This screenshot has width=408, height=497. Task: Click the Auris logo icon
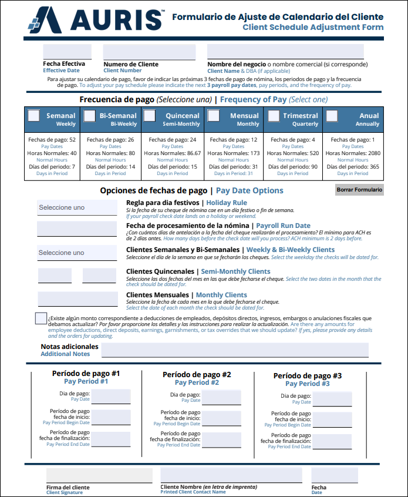coord(46,20)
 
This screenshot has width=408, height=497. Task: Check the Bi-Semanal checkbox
coord(89,116)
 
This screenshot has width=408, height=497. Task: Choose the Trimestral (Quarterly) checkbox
coord(273,116)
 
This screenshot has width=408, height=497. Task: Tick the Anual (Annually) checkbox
coord(332,116)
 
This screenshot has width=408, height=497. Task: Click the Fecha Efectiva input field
coord(67,52)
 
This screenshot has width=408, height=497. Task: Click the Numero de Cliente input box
coord(149,52)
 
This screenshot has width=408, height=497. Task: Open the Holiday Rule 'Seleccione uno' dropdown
coord(77,207)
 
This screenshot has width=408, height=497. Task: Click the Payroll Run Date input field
coord(77,229)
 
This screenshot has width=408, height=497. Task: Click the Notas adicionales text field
coord(235,350)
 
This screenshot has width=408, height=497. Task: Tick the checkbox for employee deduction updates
coord(41,318)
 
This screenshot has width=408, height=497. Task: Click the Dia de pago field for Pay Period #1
coord(110,397)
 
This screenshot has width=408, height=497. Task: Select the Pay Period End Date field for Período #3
coord(332,441)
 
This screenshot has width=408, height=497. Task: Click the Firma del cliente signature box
coord(99,475)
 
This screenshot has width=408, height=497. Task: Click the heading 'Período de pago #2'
coord(197,374)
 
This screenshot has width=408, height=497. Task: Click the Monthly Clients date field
coord(77,299)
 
